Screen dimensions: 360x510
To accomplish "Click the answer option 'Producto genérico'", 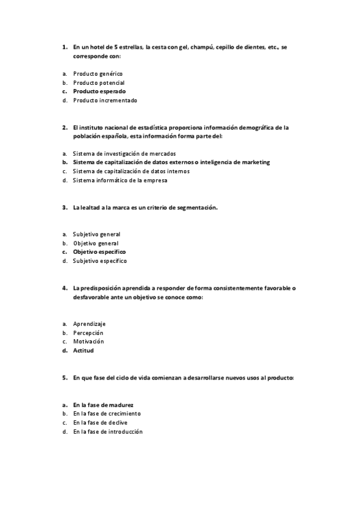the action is point(97,73).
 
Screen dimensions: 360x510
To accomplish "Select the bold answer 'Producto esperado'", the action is point(99,91).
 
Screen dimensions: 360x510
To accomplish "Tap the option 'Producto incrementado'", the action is point(105,100).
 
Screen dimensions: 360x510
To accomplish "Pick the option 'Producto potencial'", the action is point(99,82).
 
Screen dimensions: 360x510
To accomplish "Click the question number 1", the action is point(64,46).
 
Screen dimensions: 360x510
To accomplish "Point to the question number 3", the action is point(64,207).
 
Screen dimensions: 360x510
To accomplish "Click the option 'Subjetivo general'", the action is point(96,234).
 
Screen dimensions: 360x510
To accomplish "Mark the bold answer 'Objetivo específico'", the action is point(99,252).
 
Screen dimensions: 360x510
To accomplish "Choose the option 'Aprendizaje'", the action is point(89,324).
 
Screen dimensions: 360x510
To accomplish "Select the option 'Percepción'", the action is point(88,333).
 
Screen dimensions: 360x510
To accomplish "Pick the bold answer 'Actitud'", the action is point(84,351).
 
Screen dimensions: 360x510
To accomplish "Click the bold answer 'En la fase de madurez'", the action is point(103,405).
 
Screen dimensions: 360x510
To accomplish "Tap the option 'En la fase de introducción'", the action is point(108,432).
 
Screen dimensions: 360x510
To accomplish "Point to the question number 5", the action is point(64,378).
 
